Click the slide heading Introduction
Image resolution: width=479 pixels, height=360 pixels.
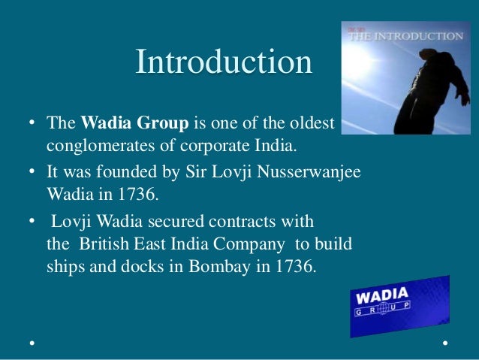point(224,62)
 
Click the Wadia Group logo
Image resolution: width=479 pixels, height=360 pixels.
point(398,304)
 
